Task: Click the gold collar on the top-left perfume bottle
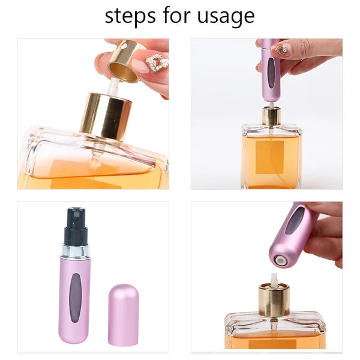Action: pos(107,114)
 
